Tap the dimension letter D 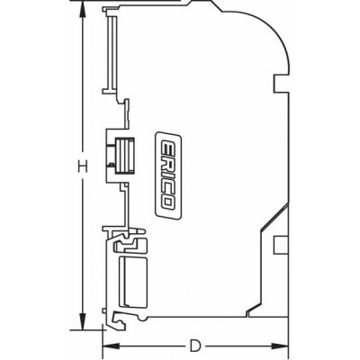coord(194,345)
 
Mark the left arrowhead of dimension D coord(104,345)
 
